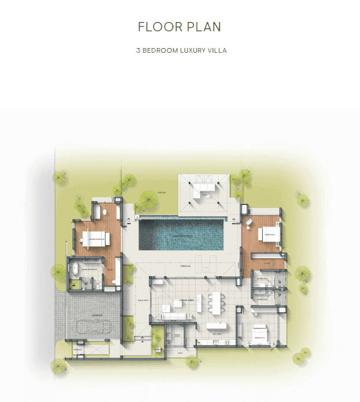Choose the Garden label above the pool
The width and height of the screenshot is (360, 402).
click(163, 193)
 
